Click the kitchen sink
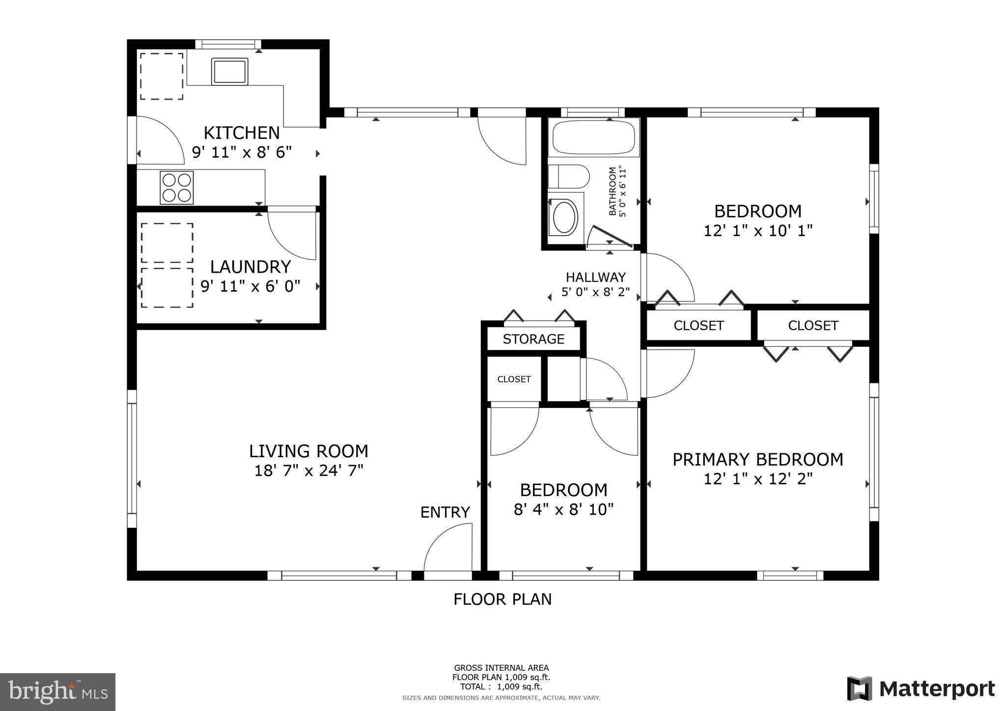pos(229,71)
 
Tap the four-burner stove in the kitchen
pos(176,188)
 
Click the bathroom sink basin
pos(564,217)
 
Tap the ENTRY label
pos(445,513)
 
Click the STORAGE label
pos(533,339)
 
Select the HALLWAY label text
pos(595,277)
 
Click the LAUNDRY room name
pos(251,267)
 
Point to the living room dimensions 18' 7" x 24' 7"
pos(308,471)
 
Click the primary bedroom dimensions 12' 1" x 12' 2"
pos(757,479)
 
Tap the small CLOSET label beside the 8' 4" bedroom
pos(514,379)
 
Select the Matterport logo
pos(921,689)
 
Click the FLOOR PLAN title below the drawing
pos(502,600)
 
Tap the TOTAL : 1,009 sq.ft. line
pos(501,686)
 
